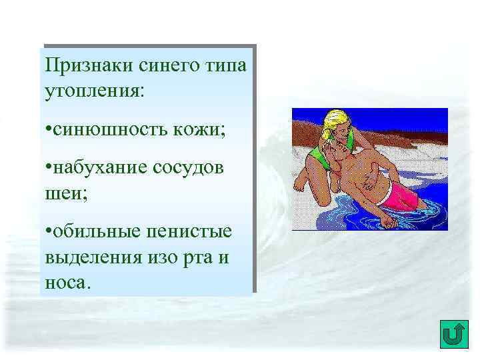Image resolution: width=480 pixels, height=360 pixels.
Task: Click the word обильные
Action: coord(94,231)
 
